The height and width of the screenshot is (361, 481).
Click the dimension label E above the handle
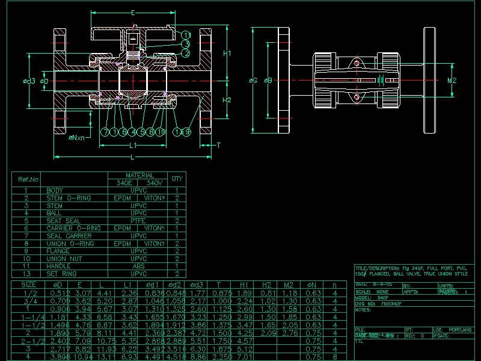(132, 13)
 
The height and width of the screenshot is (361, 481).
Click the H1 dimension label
(227, 54)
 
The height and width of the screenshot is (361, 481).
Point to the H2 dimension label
(227, 100)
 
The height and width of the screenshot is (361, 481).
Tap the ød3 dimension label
(29, 81)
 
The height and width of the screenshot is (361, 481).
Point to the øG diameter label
(253, 80)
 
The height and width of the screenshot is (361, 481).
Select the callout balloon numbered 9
(186, 132)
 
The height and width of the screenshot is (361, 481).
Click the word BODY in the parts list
(55, 190)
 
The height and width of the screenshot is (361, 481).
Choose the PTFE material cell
(138, 221)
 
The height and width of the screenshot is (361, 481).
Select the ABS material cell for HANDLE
(138, 266)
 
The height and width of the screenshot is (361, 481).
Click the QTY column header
(177, 179)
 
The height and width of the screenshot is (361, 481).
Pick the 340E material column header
(124, 182)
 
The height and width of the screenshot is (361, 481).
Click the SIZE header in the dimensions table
(28, 285)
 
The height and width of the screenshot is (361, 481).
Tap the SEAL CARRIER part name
(66, 236)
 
